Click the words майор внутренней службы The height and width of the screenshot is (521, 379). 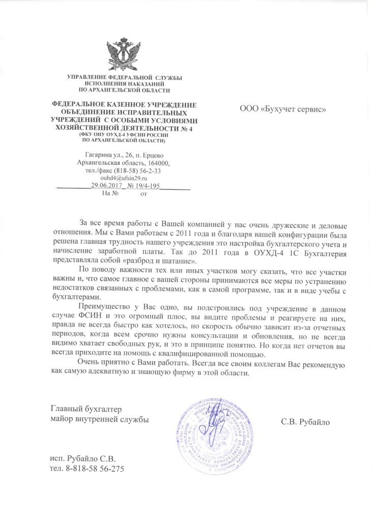[100, 420]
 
